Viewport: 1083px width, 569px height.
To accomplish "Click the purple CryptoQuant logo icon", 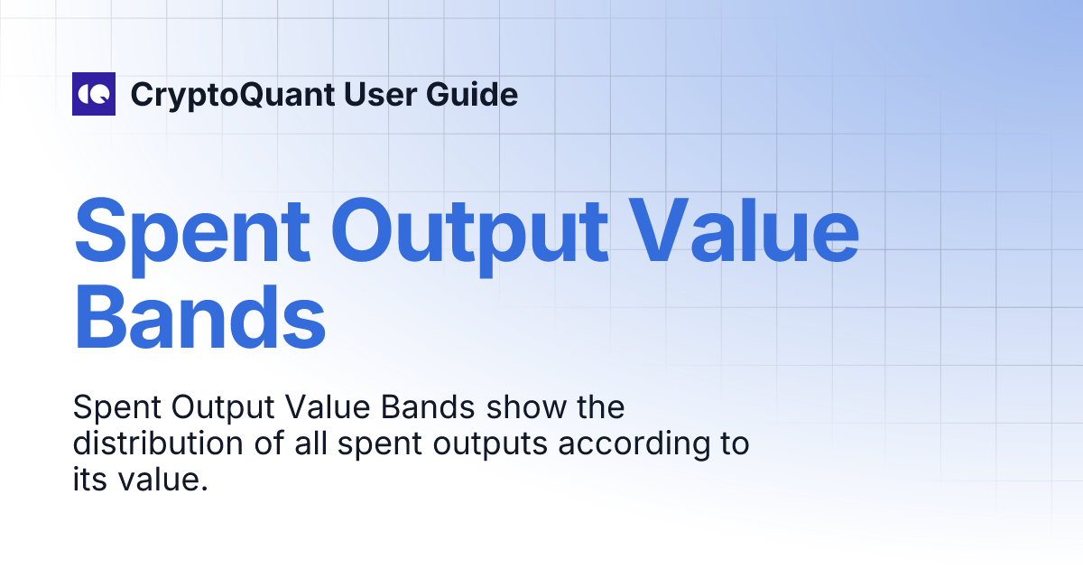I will click(x=94, y=94).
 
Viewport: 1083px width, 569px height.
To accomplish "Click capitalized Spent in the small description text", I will click(x=107, y=408).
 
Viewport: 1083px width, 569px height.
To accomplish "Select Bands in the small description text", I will click(x=428, y=408).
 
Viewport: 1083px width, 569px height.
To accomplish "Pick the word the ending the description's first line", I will click(x=599, y=408).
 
